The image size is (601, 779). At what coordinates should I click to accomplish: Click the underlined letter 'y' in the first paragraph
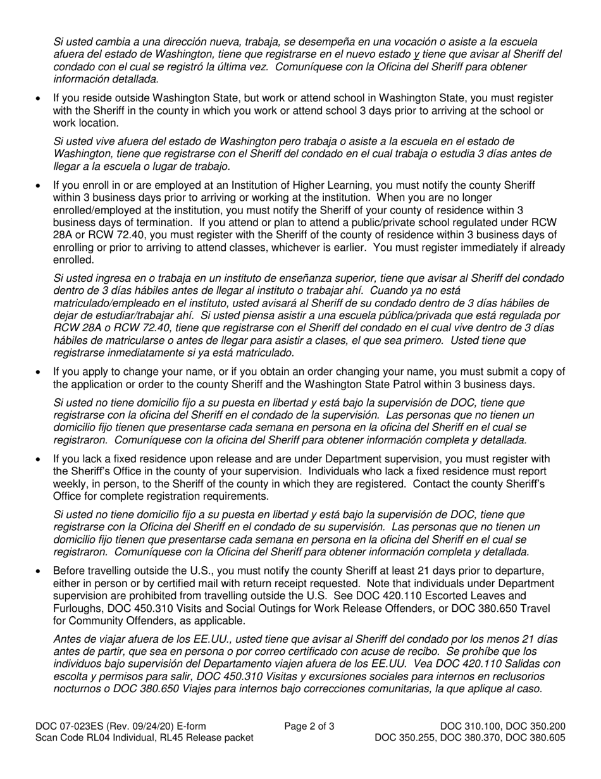click(416, 54)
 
